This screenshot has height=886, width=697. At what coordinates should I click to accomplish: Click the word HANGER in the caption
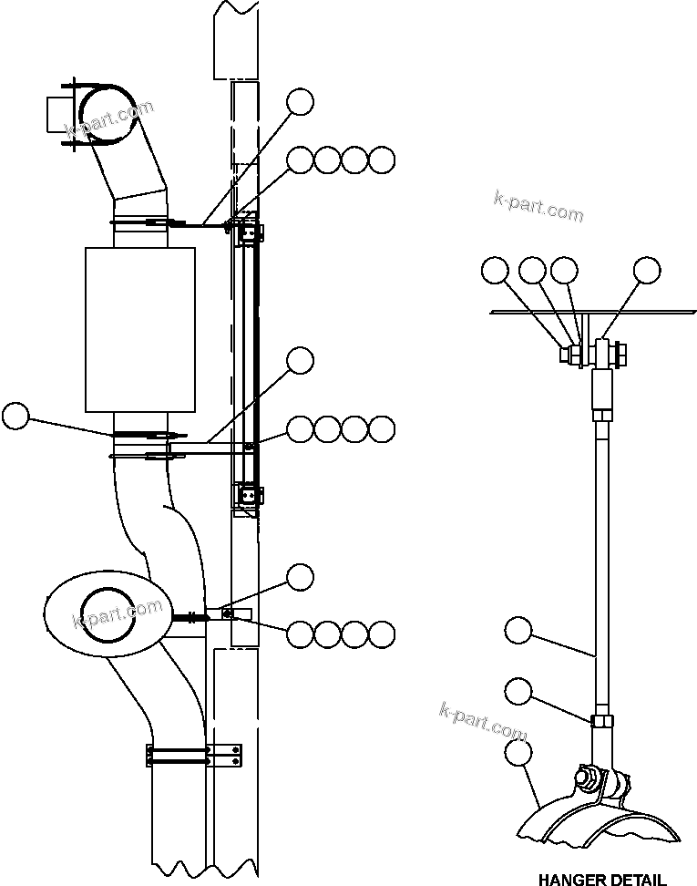click(x=569, y=880)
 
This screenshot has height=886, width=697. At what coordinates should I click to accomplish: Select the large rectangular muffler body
click(x=140, y=328)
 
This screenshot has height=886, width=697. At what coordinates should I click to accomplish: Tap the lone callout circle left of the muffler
click(x=15, y=417)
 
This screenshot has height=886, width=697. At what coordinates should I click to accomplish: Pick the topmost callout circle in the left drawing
click(x=300, y=102)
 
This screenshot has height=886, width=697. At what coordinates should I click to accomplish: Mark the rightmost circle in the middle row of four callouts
click(x=383, y=428)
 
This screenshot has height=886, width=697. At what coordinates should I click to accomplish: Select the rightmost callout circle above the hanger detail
click(x=647, y=270)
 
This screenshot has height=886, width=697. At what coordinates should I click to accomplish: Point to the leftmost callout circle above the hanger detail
click(x=496, y=270)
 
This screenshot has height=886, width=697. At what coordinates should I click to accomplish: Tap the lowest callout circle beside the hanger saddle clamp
click(x=518, y=752)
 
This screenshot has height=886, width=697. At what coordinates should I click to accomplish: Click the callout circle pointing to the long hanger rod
click(x=518, y=630)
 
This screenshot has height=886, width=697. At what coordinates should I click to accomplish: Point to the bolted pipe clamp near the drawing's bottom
click(x=193, y=755)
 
